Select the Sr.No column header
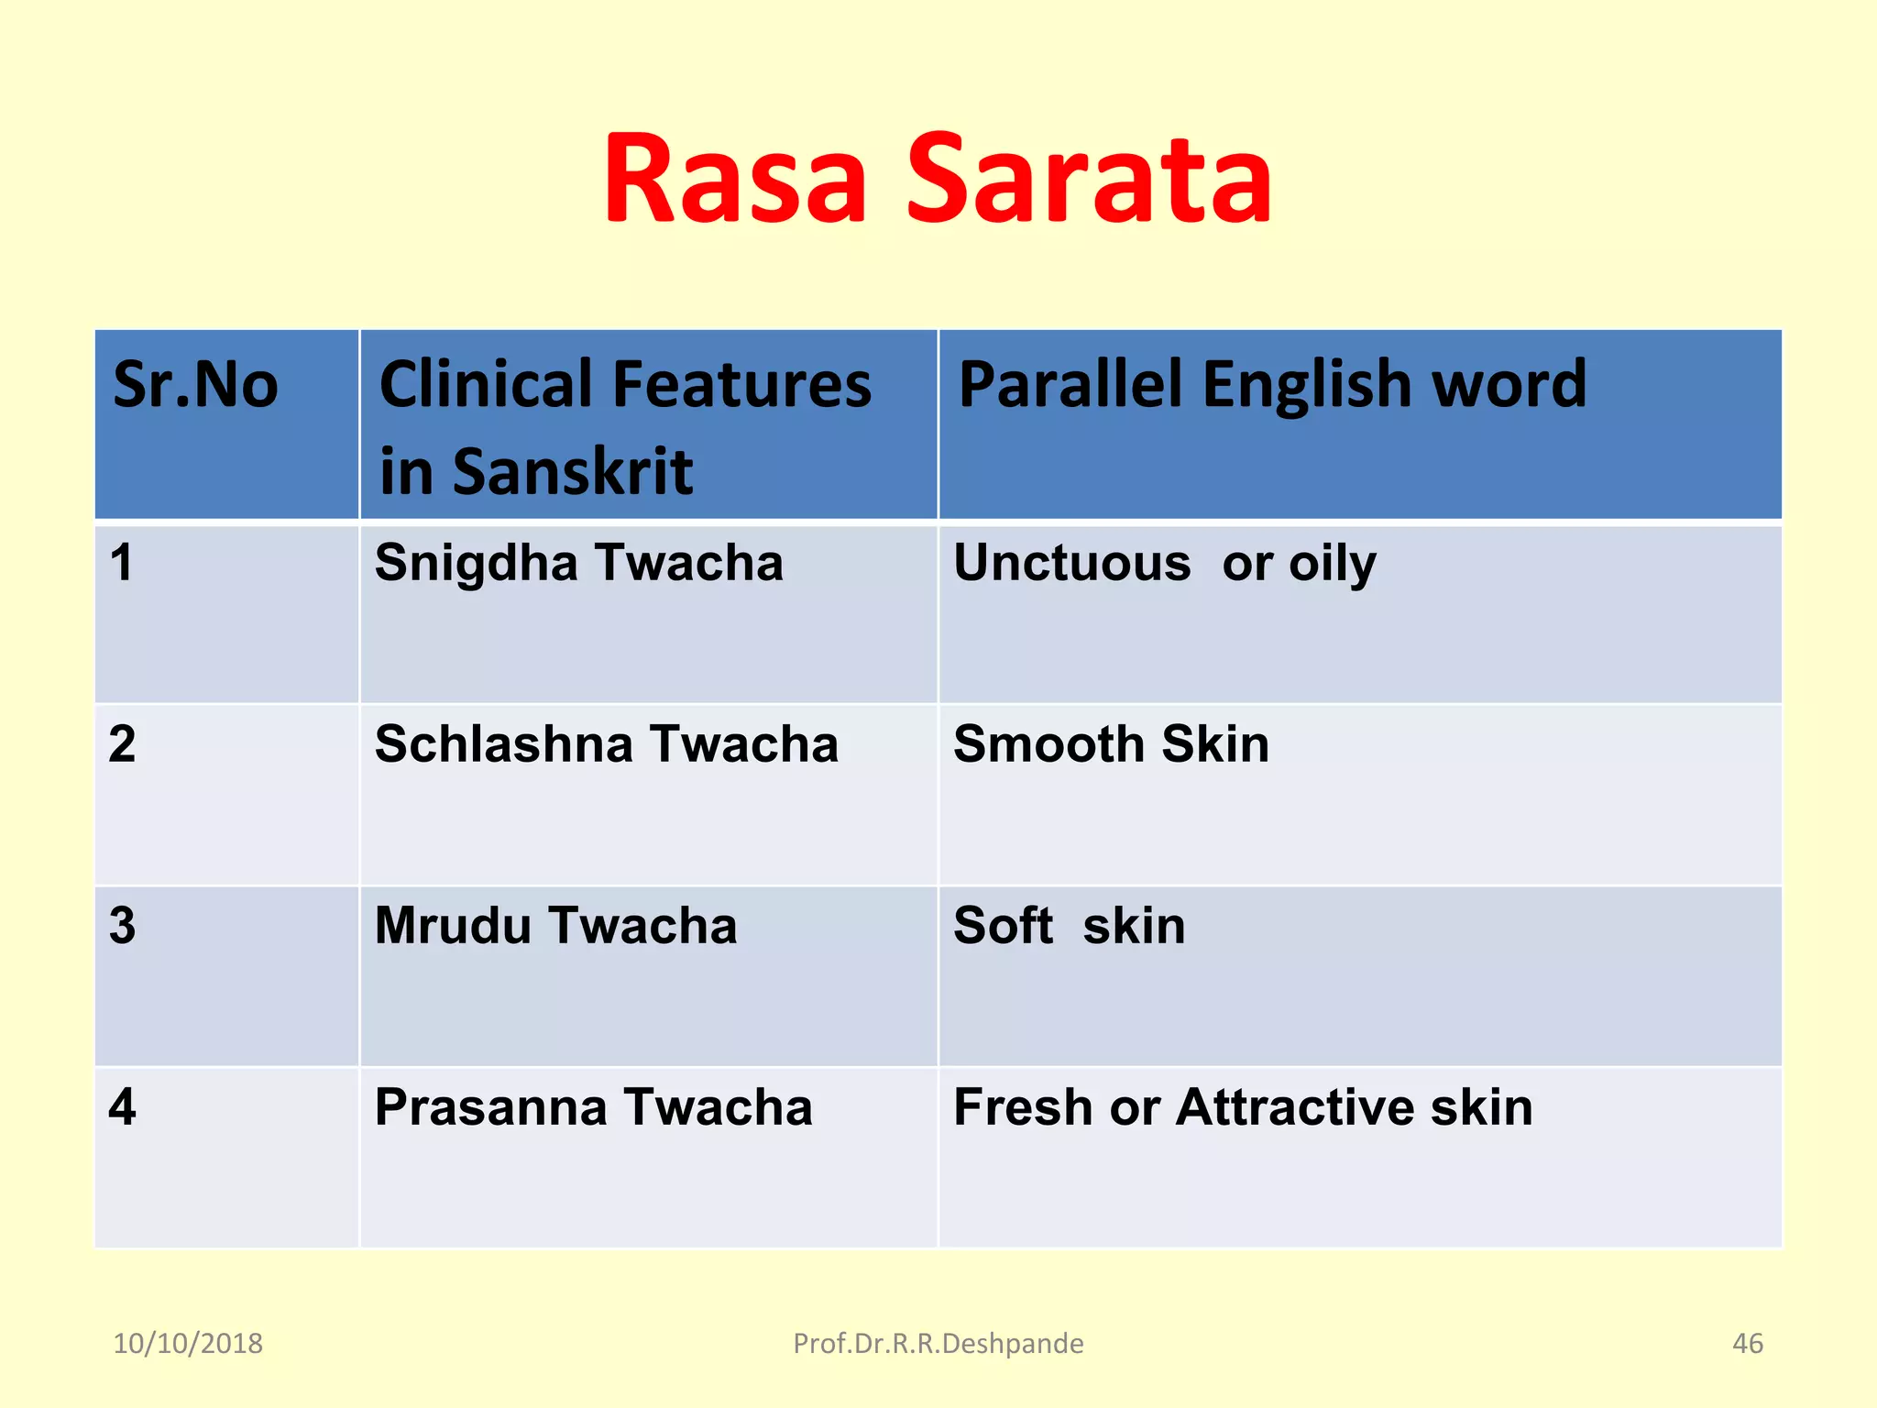195,385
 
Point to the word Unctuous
1071,562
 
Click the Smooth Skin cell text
1111,743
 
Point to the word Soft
1003,925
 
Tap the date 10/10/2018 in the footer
188,1343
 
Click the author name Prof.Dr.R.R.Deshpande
938,1343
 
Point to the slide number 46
1747,1343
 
